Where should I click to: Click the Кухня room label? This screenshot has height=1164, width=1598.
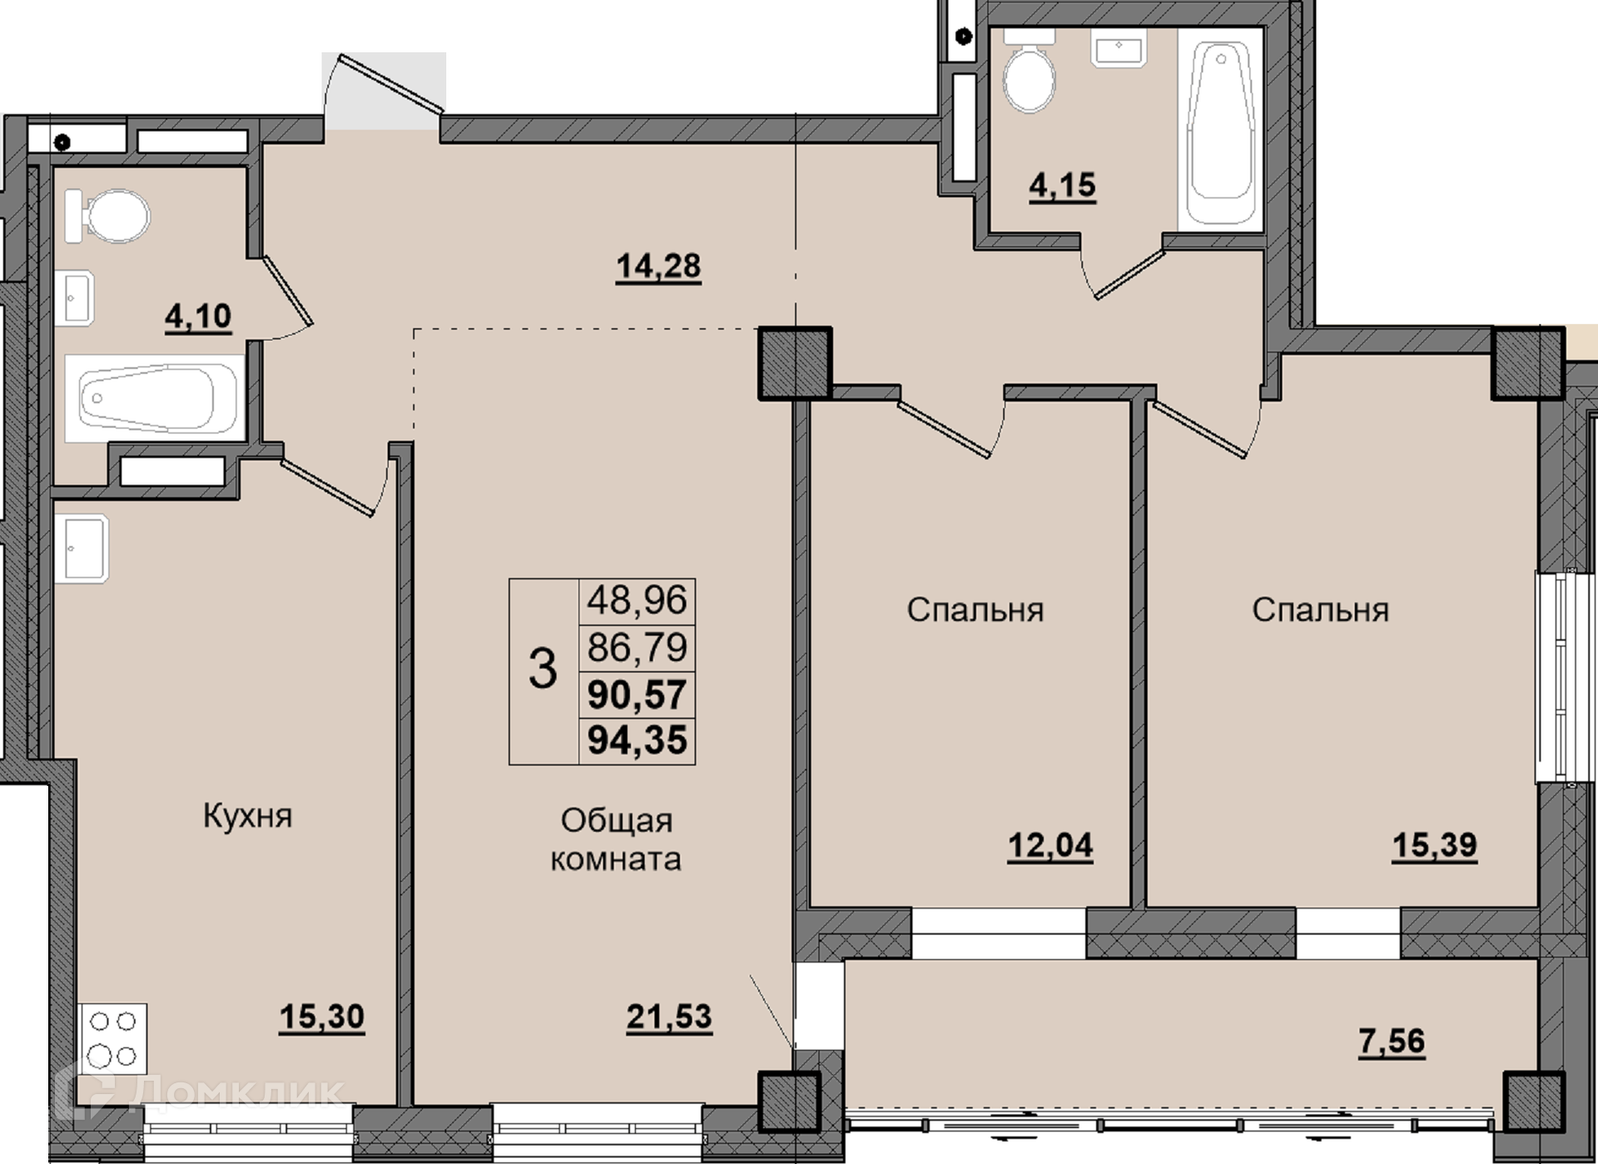pyautogui.click(x=247, y=816)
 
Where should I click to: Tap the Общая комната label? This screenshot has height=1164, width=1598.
pyautogui.click(x=616, y=839)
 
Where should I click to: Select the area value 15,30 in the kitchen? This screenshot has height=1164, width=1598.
pyautogui.click(x=322, y=1017)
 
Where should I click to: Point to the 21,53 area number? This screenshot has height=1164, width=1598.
pyautogui.click(x=669, y=1017)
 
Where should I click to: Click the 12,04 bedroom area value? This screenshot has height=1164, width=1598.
pyautogui.click(x=1050, y=846)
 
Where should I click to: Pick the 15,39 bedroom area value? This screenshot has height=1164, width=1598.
pyautogui.click(x=1435, y=845)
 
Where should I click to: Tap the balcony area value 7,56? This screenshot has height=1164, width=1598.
pyautogui.click(x=1392, y=1041)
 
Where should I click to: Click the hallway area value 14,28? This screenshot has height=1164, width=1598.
pyautogui.click(x=658, y=267)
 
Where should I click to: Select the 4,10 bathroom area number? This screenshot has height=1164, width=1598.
pyautogui.click(x=198, y=317)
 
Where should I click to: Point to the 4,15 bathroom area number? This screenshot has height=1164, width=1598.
pyautogui.click(x=1063, y=185)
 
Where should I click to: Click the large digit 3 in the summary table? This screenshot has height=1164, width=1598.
pyautogui.click(x=543, y=669)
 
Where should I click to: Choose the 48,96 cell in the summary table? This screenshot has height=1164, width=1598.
pyautogui.click(x=638, y=599)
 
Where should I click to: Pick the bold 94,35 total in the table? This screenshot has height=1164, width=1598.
pyautogui.click(x=638, y=739)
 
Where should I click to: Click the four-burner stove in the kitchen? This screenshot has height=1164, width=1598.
pyautogui.click(x=113, y=1039)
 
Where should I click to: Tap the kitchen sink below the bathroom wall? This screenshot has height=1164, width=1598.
pyautogui.click(x=82, y=548)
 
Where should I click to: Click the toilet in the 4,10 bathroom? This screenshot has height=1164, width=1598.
pyautogui.click(x=108, y=216)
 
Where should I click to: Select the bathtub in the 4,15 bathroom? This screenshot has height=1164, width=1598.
pyautogui.click(x=1221, y=126)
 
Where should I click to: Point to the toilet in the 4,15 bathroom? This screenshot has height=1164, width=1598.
pyautogui.click(x=1030, y=72)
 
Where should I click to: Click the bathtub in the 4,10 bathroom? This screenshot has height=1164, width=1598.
pyautogui.click(x=155, y=398)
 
